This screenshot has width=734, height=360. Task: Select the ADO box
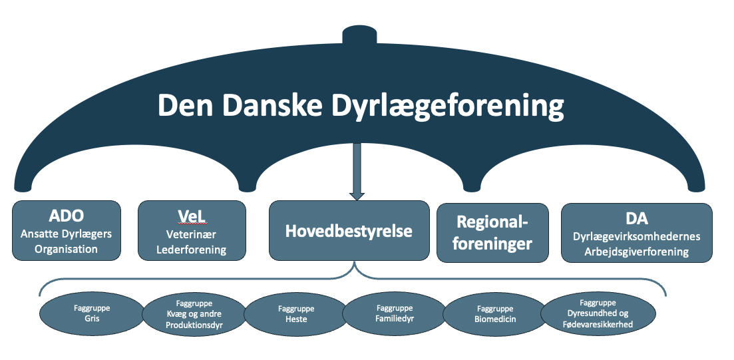(67, 230)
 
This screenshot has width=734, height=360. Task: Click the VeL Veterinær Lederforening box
(192, 230)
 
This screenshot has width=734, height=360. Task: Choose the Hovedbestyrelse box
(349, 230)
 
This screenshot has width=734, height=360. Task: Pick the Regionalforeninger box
(492, 232)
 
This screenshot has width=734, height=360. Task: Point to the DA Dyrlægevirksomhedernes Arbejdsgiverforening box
(637, 232)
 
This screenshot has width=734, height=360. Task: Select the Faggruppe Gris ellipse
(92, 313)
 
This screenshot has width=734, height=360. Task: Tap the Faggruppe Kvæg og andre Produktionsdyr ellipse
(194, 314)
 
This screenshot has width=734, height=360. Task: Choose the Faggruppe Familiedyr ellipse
(395, 313)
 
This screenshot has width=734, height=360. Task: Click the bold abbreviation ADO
(67, 216)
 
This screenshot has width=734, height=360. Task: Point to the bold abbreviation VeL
(192, 216)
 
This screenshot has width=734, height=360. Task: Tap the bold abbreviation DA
(637, 218)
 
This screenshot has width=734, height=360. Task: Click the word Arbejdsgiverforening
(637, 252)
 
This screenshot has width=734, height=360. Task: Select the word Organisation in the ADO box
(68, 250)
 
